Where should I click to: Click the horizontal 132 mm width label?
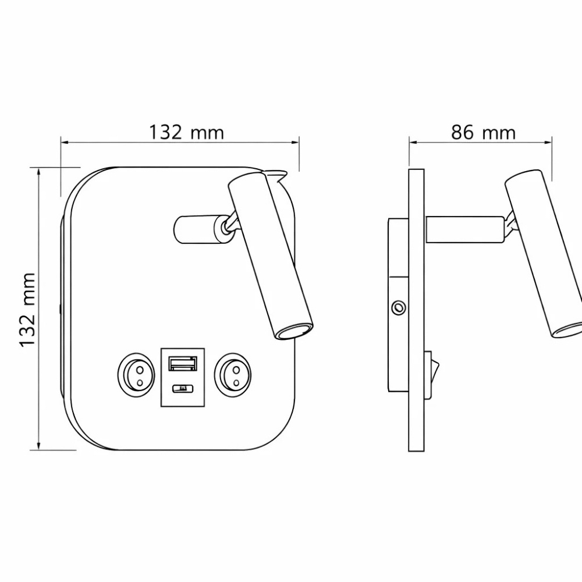pos(186,133)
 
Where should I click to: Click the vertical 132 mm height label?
pos(28,309)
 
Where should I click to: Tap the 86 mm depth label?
pos(483,133)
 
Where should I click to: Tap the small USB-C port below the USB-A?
pos(182,388)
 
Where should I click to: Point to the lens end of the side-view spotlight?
pos(567,330)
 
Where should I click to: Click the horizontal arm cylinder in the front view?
pos(195,229)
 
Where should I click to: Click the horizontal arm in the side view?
pos(464,229)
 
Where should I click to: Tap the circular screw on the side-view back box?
pos(399,307)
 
